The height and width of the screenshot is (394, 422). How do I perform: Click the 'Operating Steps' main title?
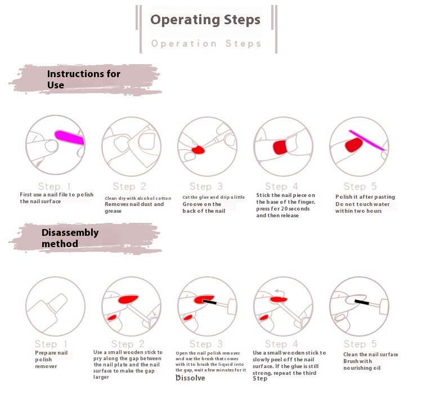(x=205, y=20)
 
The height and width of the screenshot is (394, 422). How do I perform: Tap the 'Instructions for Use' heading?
(x=83, y=79)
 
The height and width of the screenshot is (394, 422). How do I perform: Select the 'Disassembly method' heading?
(x=70, y=238)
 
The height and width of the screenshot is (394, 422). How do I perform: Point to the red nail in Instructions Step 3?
(x=199, y=150)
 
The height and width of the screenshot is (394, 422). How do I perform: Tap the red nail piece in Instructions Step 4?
(x=280, y=147)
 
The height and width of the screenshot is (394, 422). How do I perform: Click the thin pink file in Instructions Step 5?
(x=367, y=140)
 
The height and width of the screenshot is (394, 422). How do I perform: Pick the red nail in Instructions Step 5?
(x=354, y=145)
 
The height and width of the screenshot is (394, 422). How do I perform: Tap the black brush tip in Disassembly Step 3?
(x=209, y=302)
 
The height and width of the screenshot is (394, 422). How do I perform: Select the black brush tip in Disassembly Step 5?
(x=362, y=302)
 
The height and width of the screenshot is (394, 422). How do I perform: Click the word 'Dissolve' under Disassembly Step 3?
(x=190, y=378)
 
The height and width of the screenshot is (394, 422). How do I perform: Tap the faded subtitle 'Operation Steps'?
(x=206, y=43)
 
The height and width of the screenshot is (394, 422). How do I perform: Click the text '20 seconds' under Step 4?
(x=295, y=209)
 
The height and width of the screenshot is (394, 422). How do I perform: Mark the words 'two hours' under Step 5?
(x=368, y=211)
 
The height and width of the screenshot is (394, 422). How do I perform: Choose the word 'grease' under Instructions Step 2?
(x=113, y=211)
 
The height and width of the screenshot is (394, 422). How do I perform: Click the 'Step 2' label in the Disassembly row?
(x=128, y=344)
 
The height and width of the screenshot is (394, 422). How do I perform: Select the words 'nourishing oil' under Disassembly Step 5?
(x=362, y=368)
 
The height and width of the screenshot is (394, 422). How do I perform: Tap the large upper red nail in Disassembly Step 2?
(x=128, y=299)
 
